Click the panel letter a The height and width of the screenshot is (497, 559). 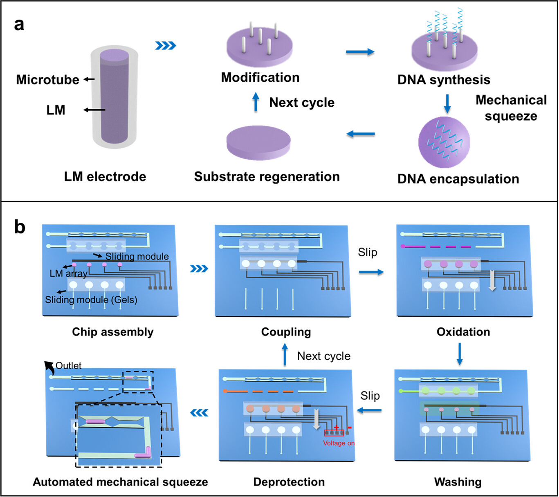[x=19, y=25]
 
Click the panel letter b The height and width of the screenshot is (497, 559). [x=19, y=226]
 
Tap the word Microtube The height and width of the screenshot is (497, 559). [x=47, y=79]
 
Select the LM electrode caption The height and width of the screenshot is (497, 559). [x=105, y=177]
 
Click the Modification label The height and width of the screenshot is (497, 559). [x=260, y=77]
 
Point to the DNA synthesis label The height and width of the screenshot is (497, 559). [x=444, y=80]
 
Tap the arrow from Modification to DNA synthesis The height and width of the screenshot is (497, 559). [x=360, y=52]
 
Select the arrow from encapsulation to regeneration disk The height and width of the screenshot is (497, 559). [x=360, y=134]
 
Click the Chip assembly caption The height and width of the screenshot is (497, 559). [x=113, y=331]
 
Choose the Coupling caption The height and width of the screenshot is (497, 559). [x=286, y=332]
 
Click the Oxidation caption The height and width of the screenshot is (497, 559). [x=463, y=331]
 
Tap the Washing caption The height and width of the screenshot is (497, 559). [x=458, y=482]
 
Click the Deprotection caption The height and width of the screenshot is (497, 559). [x=289, y=482]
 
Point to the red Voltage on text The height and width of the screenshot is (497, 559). [x=339, y=443]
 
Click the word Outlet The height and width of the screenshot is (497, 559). [x=68, y=365]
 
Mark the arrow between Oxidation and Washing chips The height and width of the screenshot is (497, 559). [x=460, y=354]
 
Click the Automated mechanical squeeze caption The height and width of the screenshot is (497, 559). [x=120, y=482]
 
